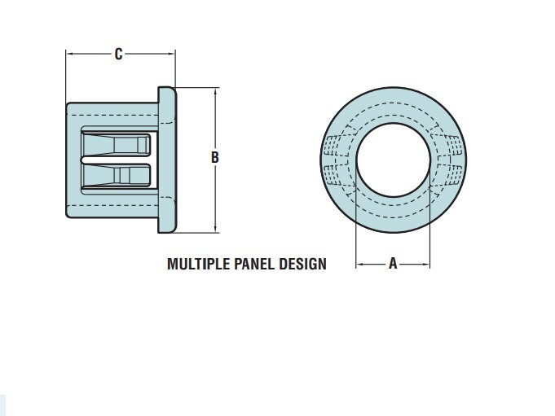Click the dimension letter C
118,54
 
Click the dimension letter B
215,157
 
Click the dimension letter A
393,263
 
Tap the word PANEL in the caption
255,264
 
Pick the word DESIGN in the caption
302,264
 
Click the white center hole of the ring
393,160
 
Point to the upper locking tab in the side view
116,143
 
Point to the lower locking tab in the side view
116,175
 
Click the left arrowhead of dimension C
70,54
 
